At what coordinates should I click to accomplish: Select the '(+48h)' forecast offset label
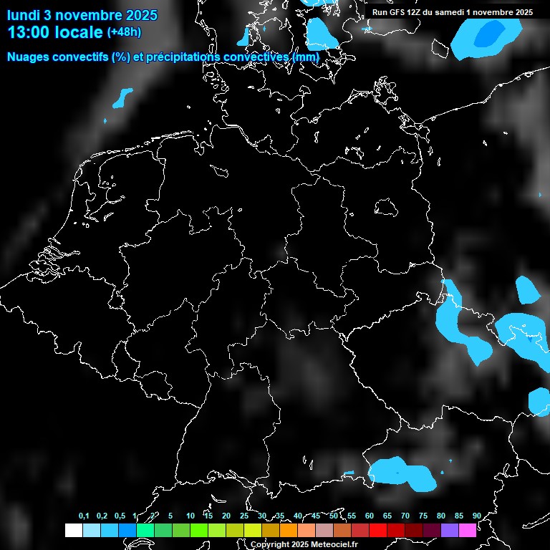(x=125, y=32)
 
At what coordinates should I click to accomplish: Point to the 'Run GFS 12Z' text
(x=397, y=12)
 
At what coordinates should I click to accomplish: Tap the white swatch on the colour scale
(x=73, y=531)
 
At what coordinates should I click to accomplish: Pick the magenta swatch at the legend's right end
(x=468, y=531)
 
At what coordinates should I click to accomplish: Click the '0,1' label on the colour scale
(x=84, y=516)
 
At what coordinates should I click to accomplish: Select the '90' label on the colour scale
(x=477, y=516)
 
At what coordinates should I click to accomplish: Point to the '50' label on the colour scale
(x=334, y=516)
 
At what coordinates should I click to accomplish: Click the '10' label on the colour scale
(x=190, y=516)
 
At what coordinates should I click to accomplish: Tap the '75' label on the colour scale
(x=423, y=516)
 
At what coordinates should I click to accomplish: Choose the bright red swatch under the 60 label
(x=378, y=531)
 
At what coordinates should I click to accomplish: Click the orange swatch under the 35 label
(x=289, y=531)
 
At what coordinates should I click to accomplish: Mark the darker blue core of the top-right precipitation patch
(x=491, y=33)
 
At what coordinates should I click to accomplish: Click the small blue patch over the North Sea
(x=123, y=97)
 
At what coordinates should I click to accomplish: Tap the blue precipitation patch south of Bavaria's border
(x=401, y=473)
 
